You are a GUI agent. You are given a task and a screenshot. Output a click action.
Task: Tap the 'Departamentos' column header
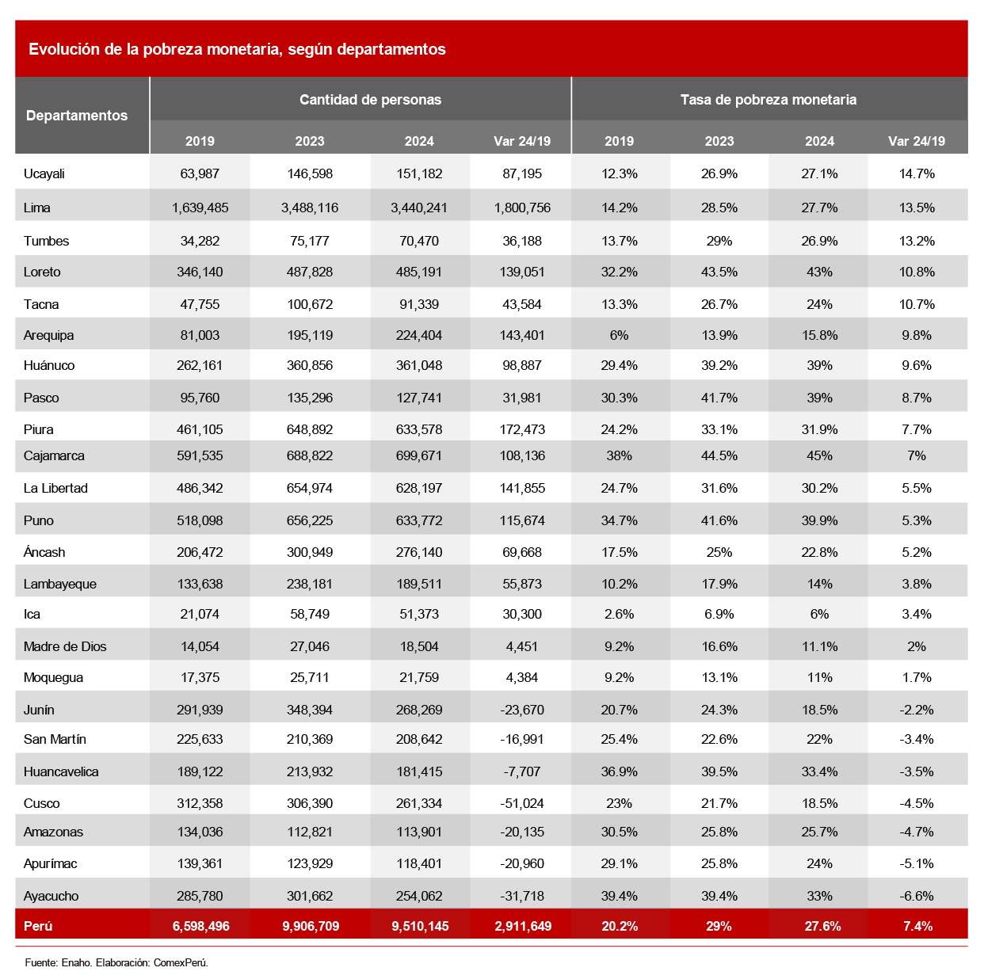coord(77,116)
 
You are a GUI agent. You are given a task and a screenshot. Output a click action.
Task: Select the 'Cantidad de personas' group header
coord(370,100)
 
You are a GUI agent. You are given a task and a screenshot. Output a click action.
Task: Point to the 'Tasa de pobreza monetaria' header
coord(768,100)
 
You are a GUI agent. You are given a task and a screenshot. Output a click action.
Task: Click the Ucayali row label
coord(44,173)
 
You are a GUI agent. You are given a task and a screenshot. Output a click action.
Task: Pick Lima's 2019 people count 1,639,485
coord(200,208)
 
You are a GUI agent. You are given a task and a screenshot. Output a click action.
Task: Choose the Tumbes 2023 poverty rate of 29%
coord(719,241)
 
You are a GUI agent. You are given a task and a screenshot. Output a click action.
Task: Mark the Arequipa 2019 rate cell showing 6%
coord(619,336)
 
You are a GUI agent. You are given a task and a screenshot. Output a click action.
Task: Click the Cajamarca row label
coord(54,455)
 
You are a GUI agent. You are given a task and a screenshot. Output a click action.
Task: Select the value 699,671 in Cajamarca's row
coord(419,455)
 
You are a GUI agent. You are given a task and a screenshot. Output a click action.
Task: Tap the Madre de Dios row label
coord(65,646)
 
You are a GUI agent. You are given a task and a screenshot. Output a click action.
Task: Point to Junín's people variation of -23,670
coord(522,710)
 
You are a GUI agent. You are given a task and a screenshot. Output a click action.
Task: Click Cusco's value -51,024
coord(522,803)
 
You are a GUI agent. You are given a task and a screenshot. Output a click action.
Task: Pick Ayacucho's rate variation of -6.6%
coord(917,896)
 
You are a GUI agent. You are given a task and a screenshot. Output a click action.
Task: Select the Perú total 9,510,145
coord(420,926)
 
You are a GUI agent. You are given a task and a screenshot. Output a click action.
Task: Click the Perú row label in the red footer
coord(38,926)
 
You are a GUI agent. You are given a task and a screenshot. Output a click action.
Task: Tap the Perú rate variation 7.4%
coord(917,926)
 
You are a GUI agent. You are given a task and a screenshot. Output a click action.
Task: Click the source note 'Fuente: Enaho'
coord(58,962)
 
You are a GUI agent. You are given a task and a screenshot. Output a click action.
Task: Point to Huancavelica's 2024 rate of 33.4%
coord(819,771)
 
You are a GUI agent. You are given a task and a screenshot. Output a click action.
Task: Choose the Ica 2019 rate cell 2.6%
coord(619,614)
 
